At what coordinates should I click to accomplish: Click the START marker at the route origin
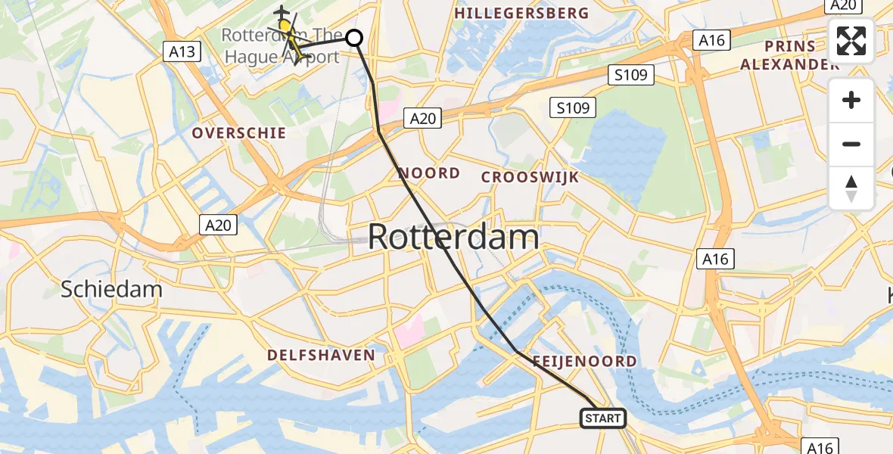(x=603, y=418)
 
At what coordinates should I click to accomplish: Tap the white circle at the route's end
(x=354, y=37)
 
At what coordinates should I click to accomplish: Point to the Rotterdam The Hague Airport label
(x=280, y=45)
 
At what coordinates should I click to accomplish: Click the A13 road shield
(x=182, y=52)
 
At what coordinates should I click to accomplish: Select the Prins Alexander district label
(x=789, y=55)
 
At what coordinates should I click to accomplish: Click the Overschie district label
(x=239, y=133)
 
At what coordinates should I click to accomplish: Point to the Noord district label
(x=429, y=173)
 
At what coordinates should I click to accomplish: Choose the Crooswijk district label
(x=531, y=177)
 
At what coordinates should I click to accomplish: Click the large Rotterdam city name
(x=453, y=238)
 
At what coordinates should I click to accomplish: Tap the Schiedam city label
(x=111, y=289)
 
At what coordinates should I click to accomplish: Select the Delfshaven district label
(x=321, y=355)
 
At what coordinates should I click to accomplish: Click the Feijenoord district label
(x=584, y=362)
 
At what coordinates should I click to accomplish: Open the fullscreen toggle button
(x=851, y=41)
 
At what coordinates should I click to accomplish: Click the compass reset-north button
(x=851, y=188)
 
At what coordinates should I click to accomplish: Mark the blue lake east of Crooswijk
(x=632, y=155)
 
